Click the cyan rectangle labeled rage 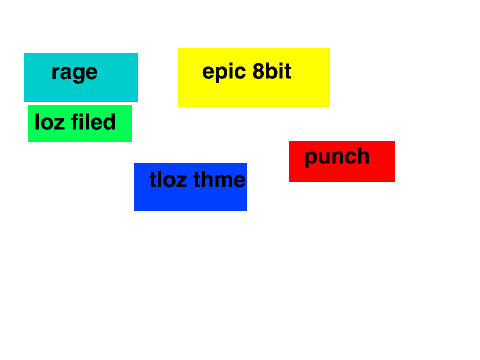[x=81, y=77]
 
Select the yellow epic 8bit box [x=254, y=77]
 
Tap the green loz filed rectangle [x=80, y=123]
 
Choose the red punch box [x=342, y=161]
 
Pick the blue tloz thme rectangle [x=190, y=187]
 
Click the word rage [x=75, y=73]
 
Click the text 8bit [x=272, y=71]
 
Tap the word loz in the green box [x=49, y=122]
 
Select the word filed [x=93, y=122]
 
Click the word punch [x=337, y=157]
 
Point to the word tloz [x=168, y=179]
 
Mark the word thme [x=219, y=179]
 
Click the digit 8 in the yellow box [x=259, y=71]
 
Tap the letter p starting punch [x=311, y=159]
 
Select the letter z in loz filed [x=59, y=124]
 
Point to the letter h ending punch [x=364, y=156]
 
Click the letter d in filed [x=109, y=122]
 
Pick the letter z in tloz [x=181, y=182]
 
